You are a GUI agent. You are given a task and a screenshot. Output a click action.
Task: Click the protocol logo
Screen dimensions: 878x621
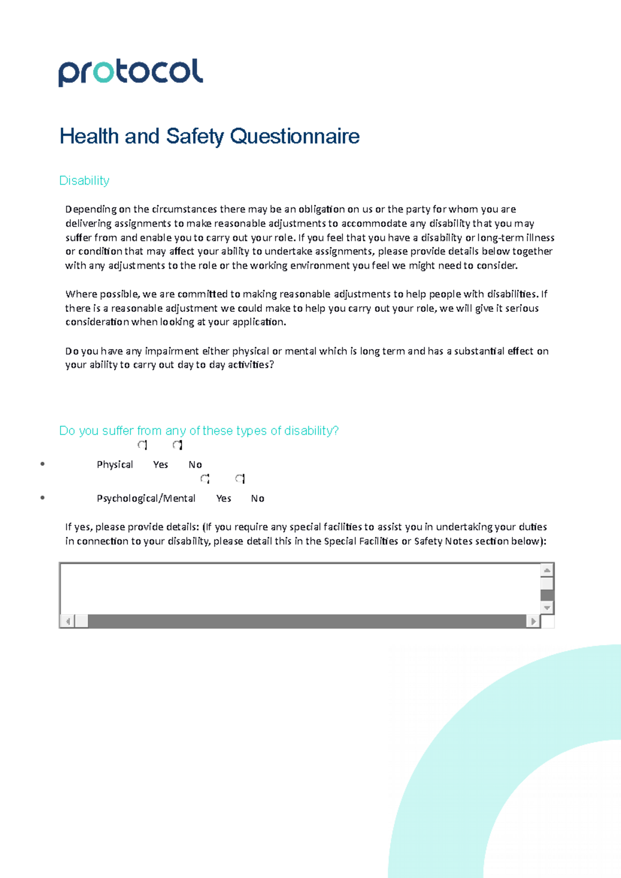coord(130,72)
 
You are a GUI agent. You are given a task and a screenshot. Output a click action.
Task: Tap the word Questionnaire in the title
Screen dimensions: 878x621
coord(294,137)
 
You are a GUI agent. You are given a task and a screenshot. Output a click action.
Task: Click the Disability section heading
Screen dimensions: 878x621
coord(84,180)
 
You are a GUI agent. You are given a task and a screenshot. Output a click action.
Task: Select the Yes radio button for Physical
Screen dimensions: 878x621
coord(143,445)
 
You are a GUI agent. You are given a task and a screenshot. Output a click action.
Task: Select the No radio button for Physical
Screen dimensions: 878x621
coord(178,445)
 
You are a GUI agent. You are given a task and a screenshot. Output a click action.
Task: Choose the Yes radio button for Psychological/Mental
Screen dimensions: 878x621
coord(205,479)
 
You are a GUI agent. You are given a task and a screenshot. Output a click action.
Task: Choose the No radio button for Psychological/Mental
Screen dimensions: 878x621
coord(240,479)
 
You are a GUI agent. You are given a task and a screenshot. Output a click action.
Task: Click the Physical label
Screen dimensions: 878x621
coord(115,464)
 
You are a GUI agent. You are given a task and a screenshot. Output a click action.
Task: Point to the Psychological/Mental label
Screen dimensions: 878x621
coord(146,498)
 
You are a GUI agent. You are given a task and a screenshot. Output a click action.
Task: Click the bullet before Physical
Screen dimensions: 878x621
coord(42,464)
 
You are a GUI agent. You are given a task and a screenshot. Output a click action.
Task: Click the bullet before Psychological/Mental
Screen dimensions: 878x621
coord(42,498)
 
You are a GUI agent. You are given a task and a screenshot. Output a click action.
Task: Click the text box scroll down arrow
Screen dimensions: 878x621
coord(547,608)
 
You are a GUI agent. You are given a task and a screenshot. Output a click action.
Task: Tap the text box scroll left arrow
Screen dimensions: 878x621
coord(67,621)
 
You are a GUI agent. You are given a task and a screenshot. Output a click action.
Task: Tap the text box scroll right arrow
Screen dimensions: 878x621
coord(533,621)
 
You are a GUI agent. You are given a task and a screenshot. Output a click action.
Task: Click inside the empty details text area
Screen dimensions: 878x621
coord(300,588)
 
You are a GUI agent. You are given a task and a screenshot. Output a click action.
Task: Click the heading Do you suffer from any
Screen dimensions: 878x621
coord(199,431)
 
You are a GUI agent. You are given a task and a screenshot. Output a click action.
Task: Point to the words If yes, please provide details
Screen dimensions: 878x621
coord(132,527)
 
